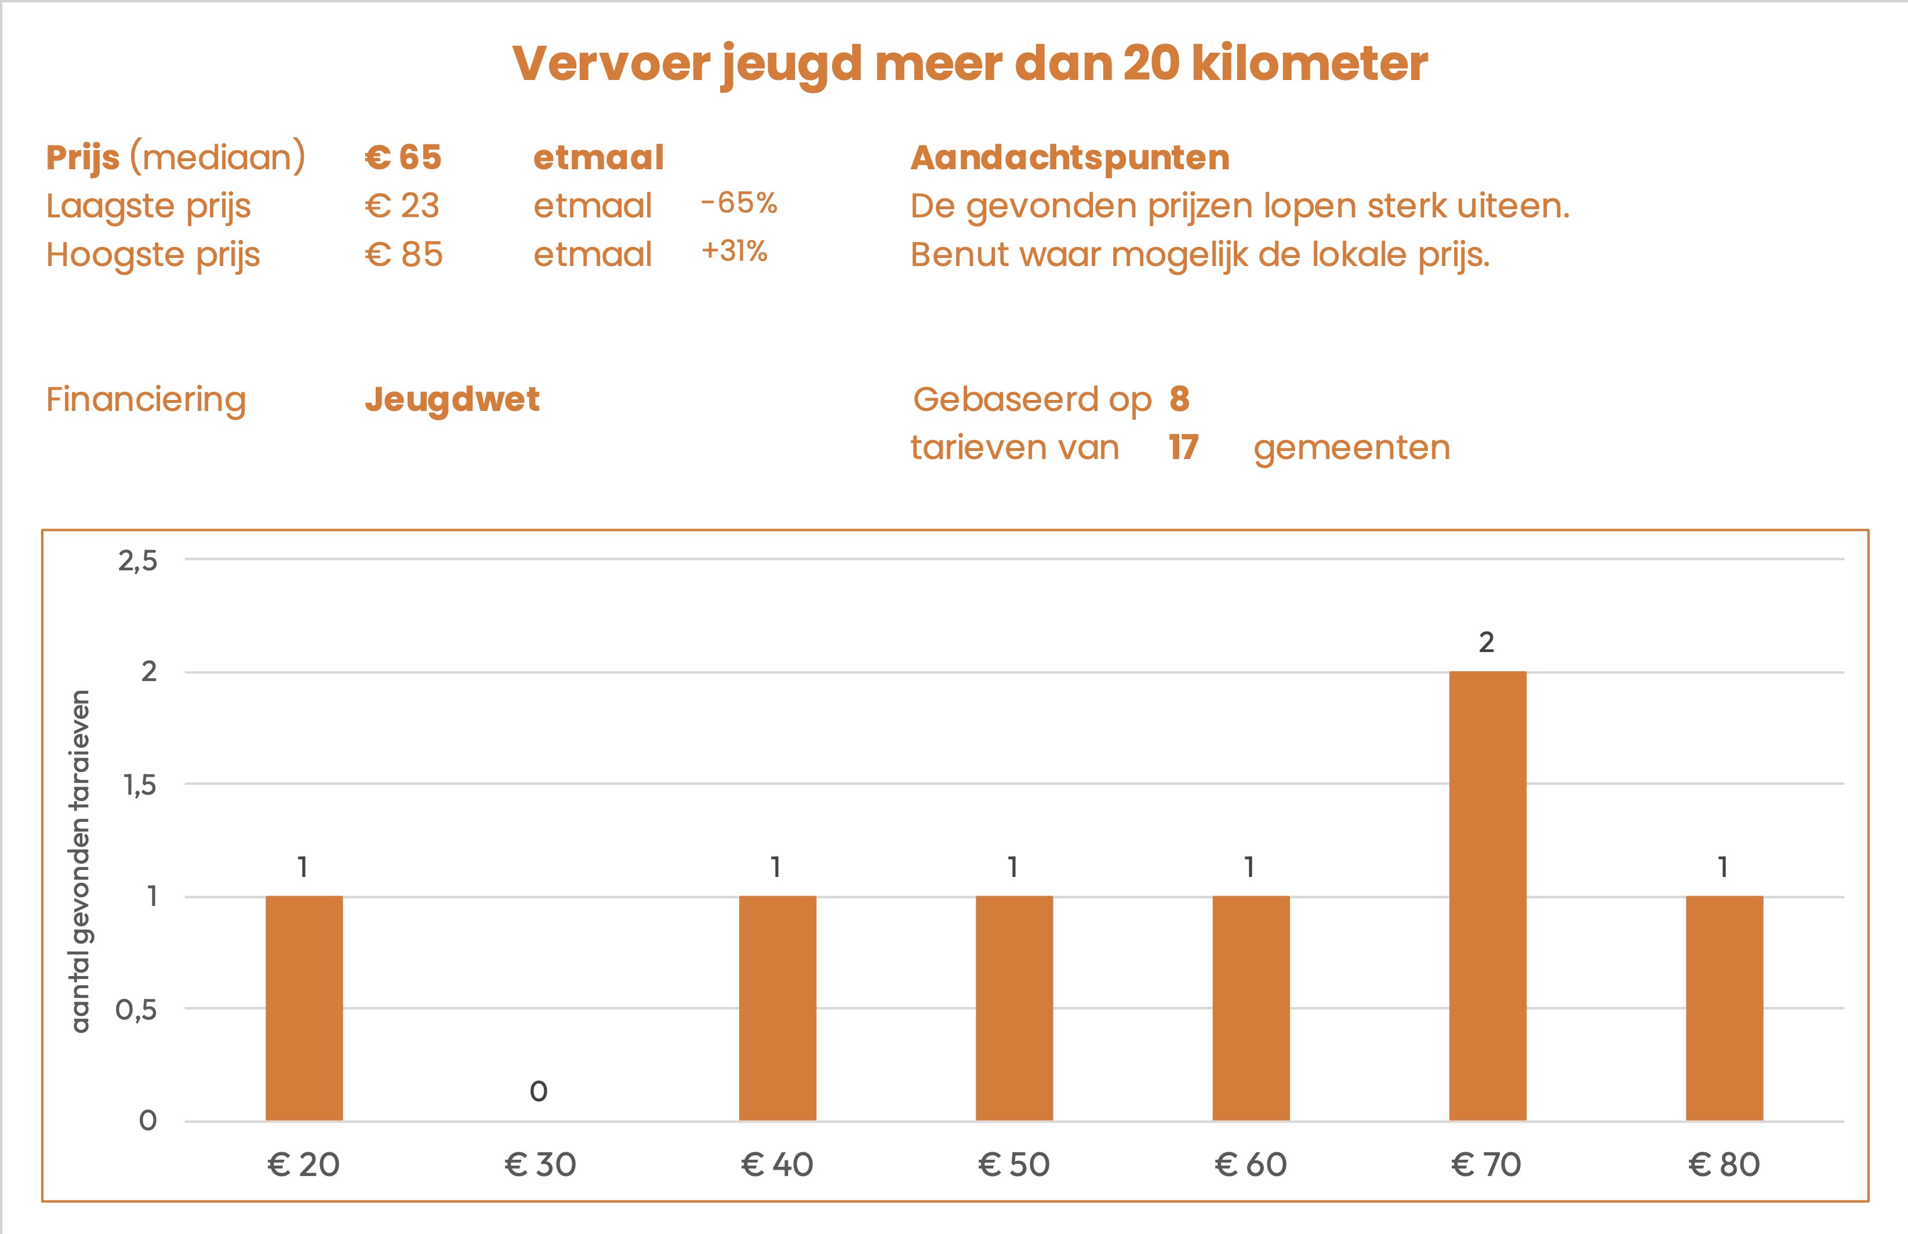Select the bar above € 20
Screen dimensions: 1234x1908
point(304,1007)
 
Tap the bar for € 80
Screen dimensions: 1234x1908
point(1724,1007)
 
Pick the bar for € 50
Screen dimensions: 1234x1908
point(1013,1007)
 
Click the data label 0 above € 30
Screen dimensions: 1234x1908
point(539,1091)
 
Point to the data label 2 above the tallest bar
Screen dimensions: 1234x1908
point(1487,642)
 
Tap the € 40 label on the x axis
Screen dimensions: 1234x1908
point(776,1164)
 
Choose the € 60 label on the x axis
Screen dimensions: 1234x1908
point(1250,1164)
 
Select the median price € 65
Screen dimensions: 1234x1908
point(403,158)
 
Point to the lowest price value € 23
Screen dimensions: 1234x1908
point(402,206)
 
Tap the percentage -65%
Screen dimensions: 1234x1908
point(739,203)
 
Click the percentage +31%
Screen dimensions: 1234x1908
point(734,251)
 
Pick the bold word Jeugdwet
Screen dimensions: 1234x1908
point(452,399)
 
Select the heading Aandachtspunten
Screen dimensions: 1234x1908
point(1070,158)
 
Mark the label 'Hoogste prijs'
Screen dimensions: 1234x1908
point(153,255)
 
